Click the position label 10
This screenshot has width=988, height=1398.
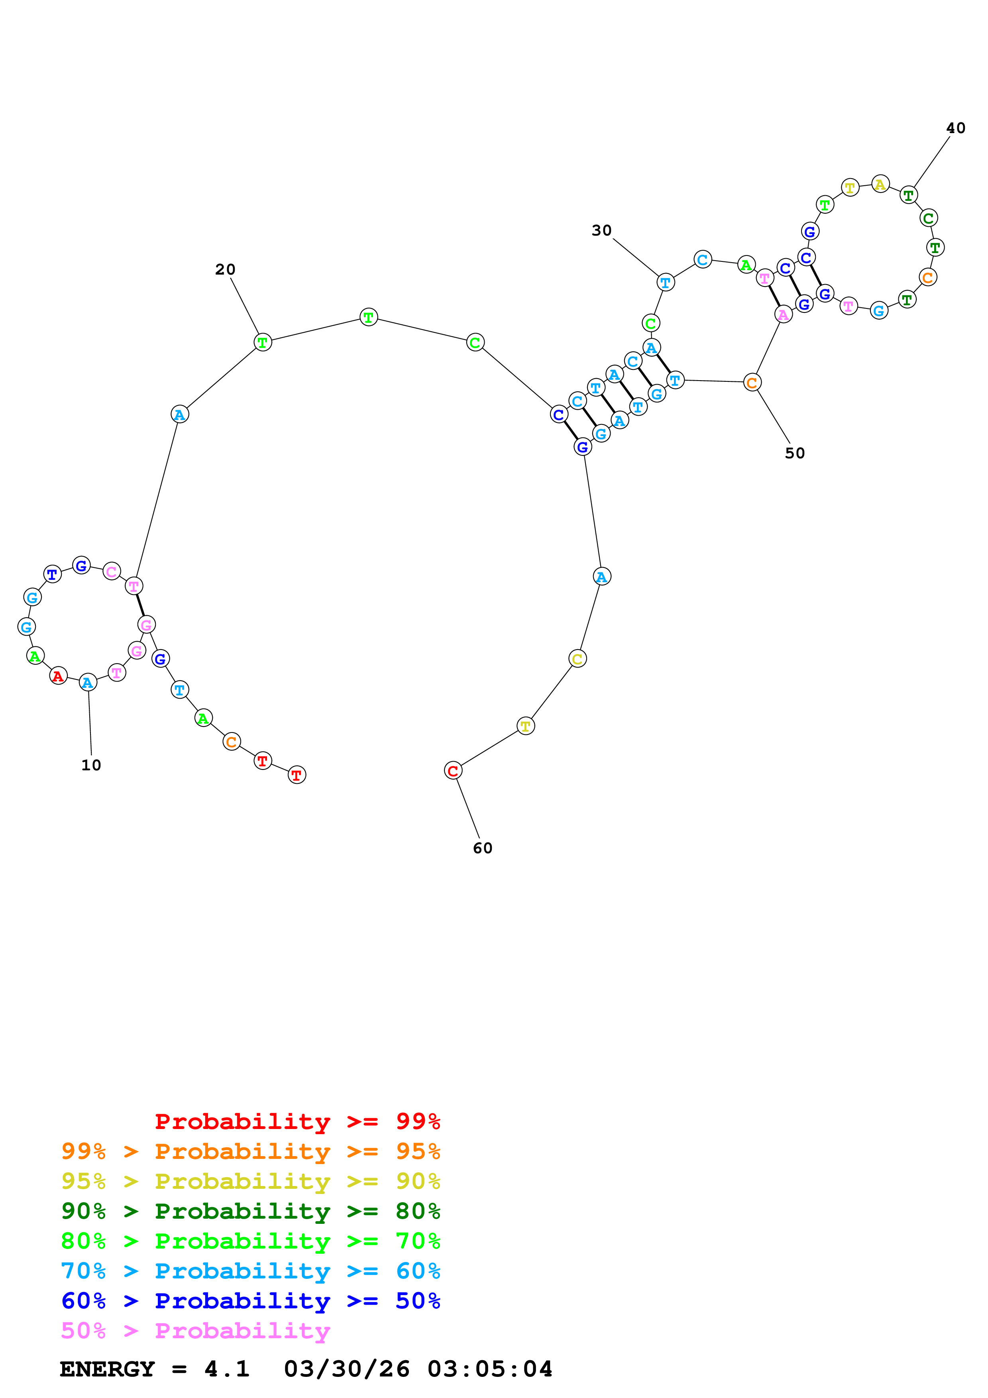[x=91, y=766]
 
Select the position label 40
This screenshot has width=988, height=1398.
[x=955, y=128]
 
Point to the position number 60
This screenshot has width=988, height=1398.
[x=483, y=848]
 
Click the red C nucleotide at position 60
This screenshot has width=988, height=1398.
[x=453, y=771]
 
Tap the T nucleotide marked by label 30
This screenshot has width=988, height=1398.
[x=665, y=283]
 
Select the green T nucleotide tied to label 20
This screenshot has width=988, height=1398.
[x=262, y=342]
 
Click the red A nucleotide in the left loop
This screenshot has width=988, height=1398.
[x=58, y=676]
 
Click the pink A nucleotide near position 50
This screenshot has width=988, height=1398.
[x=784, y=315]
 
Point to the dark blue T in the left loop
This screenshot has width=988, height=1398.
[x=52, y=574]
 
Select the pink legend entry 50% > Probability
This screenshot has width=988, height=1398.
[x=195, y=1331]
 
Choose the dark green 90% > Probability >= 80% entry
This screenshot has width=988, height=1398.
[x=251, y=1211]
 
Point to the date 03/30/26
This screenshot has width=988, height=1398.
[x=346, y=1369]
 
